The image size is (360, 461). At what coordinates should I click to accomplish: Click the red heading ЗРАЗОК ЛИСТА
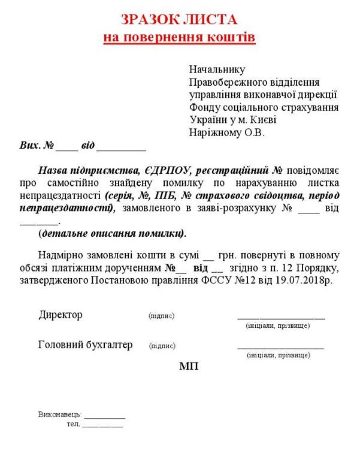tap(180, 19)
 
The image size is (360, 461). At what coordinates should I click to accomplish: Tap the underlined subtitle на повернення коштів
tap(180, 38)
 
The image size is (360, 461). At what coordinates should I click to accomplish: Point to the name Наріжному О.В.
tap(226, 132)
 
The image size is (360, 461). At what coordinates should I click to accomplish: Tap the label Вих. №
tap(37, 146)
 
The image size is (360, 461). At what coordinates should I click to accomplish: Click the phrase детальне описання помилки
tap(113, 233)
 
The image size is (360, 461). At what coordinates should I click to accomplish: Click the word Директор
tap(60, 315)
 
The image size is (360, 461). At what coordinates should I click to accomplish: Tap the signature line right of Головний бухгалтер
tap(280, 347)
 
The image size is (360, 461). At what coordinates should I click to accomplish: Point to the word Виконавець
tap(58, 415)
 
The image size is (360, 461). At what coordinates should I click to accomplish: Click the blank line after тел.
tap(102, 425)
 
